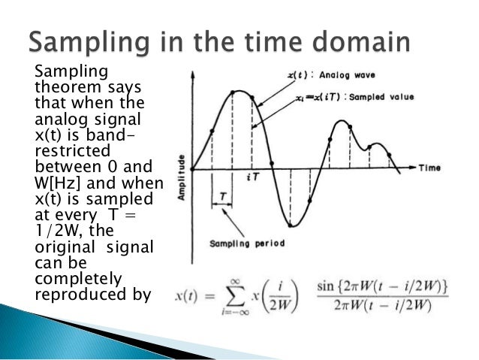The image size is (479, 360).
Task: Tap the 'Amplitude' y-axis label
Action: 181,177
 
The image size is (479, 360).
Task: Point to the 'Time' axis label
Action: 429,167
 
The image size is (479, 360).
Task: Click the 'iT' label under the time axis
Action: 252,177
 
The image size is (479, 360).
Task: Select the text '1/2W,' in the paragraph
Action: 58,230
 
